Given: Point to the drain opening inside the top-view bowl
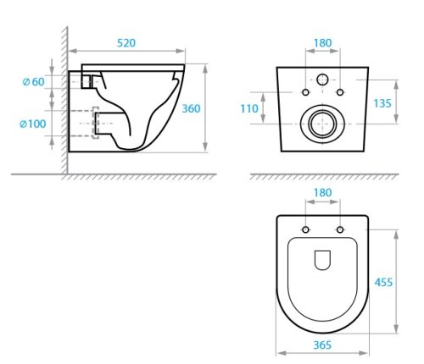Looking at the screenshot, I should coord(322,262).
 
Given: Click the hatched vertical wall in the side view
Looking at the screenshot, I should coord(64,102).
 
